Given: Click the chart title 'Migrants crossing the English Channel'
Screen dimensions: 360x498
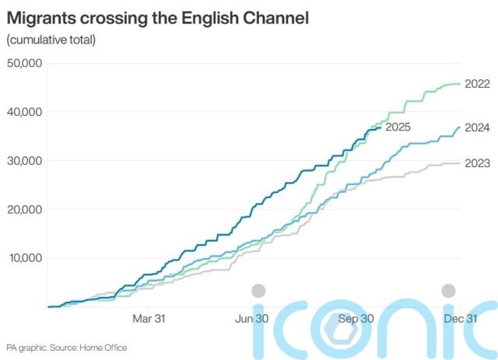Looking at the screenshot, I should (x=158, y=18).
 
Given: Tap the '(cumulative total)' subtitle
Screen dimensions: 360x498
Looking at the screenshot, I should (x=51, y=40).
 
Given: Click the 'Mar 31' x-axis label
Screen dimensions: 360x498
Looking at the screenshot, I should (x=149, y=318).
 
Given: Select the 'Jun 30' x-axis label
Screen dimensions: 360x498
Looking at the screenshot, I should (x=252, y=318).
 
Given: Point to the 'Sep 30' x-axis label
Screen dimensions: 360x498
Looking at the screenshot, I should (x=356, y=318).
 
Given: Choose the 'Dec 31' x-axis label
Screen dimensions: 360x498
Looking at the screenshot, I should (x=460, y=318).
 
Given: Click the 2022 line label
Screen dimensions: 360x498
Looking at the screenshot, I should (x=476, y=83).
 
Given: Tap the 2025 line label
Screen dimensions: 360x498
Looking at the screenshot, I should (x=398, y=127).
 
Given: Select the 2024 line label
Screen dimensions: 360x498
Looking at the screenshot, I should (x=476, y=128).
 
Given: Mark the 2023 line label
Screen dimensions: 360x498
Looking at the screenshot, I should (x=476, y=163).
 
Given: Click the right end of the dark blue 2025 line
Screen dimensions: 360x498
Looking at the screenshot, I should (x=380, y=128).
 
